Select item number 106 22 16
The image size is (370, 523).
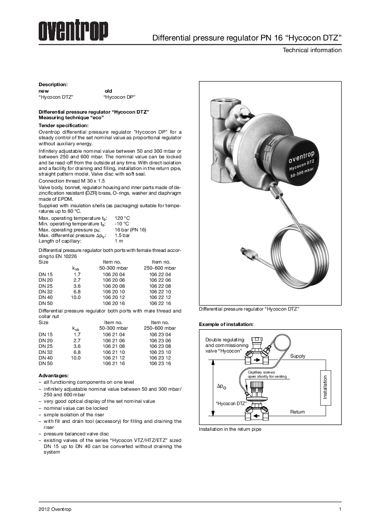coord(160,303)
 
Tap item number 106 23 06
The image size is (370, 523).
coord(160,340)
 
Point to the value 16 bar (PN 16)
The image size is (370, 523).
coord(130,230)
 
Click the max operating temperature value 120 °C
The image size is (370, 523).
coord(122,218)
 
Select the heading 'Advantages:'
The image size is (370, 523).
coord(54,375)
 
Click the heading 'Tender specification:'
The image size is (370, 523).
coord(63,126)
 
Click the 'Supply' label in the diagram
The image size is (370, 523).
coord(298,356)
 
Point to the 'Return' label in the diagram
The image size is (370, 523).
coord(297,412)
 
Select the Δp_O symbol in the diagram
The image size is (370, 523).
coord(221,387)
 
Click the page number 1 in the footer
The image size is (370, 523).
coord(340,509)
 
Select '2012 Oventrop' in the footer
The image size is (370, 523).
coord(55,509)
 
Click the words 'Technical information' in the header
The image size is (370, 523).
coord(312,50)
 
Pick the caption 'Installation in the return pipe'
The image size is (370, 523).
coord(230,429)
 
